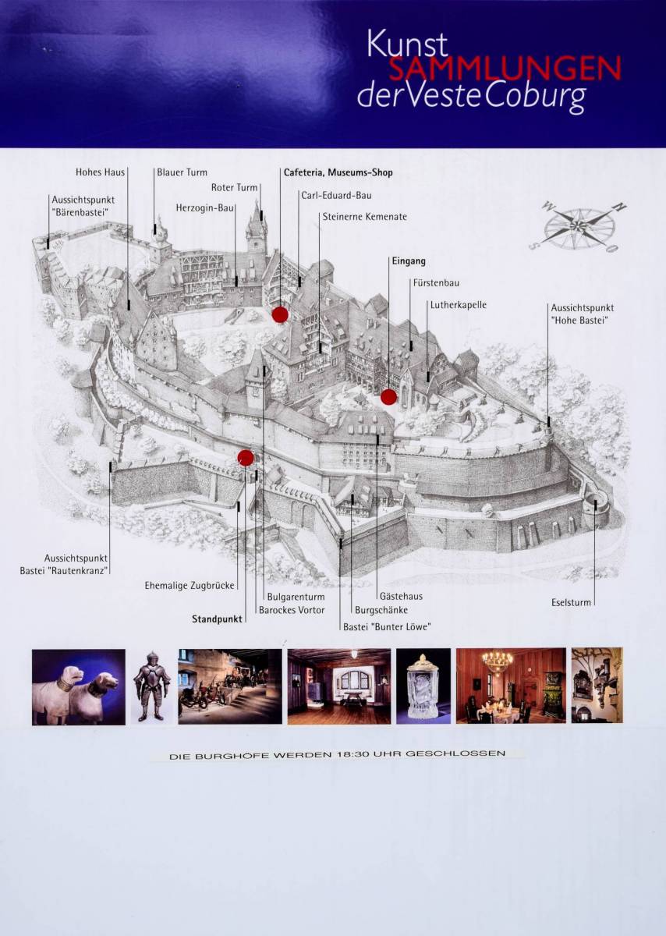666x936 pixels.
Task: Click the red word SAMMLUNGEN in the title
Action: [x=505, y=69]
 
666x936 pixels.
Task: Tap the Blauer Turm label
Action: [x=182, y=172]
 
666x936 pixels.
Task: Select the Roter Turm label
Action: [x=234, y=188]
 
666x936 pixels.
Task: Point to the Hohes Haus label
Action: [x=101, y=172]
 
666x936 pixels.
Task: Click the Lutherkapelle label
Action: [x=459, y=305]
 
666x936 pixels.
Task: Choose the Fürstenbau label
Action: [x=436, y=283]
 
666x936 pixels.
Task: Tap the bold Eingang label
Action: [x=409, y=261]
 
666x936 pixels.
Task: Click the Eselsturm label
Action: [x=571, y=602]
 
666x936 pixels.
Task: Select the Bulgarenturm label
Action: [x=296, y=597]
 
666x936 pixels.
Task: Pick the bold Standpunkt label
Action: [x=218, y=619]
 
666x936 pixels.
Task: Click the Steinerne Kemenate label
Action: [x=365, y=217]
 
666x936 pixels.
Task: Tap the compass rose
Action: [x=578, y=226]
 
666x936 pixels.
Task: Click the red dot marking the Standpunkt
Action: [x=246, y=458]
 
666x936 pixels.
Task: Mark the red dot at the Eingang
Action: [x=388, y=397]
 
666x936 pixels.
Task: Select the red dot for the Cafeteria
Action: [x=280, y=314]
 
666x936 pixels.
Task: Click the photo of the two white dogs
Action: [x=79, y=686]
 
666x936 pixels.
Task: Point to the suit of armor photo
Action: [x=151, y=686]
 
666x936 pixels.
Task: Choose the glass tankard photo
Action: [x=423, y=686]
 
